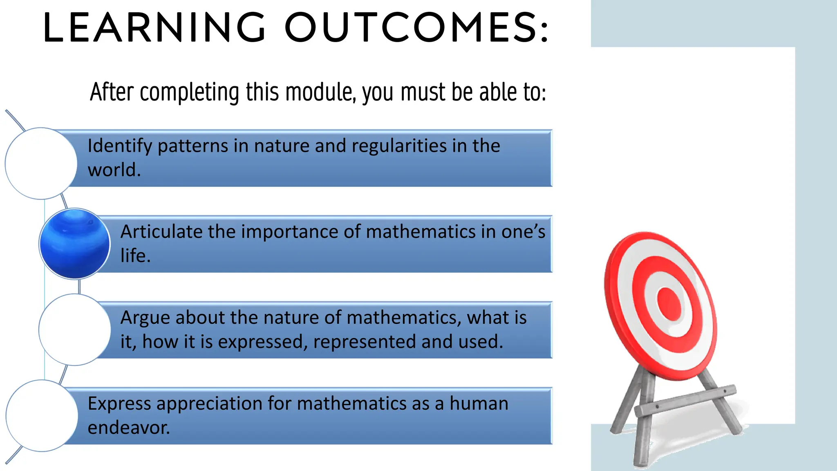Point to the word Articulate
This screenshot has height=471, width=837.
click(161, 232)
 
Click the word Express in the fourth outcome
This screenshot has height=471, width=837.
click(119, 404)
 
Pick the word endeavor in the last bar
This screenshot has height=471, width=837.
click(128, 428)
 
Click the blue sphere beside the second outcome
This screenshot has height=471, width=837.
click(75, 244)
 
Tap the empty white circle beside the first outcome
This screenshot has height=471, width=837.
click(41, 164)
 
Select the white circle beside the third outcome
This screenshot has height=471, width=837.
click(75, 330)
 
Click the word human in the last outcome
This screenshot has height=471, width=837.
click(479, 404)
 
